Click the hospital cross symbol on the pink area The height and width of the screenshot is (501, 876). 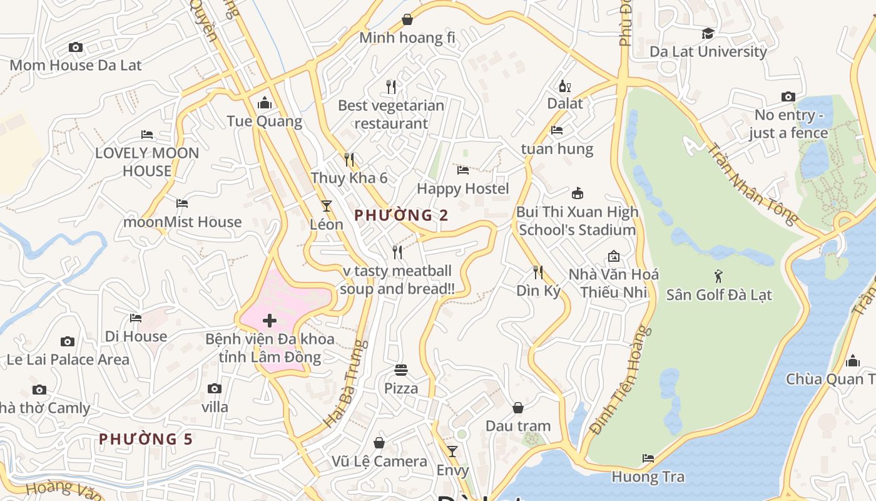click(270, 321)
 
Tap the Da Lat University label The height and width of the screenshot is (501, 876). click(708, 52)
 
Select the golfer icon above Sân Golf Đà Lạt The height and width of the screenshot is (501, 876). click(718, 276)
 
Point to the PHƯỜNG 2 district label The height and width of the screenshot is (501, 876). click(401, 215)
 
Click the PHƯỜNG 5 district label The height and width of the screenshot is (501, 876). click(146, 439)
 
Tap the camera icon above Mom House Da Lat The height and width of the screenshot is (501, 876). click(76, 48)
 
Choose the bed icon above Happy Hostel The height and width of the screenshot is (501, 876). click(463, 170)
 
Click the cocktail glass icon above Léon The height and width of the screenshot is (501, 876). click(326, 205)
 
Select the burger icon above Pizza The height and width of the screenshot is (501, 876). click(401, 370)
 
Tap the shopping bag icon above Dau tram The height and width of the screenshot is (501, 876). click(518, 408)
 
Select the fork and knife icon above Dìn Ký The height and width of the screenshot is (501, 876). click(537, 272)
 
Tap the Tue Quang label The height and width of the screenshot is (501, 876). click(264, 121)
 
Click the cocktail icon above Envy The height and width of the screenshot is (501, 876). click(452, 452)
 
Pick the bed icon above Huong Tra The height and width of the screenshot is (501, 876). click(648, 458)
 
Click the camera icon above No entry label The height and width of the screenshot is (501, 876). click(788, 96)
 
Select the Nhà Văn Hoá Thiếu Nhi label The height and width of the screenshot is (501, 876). click(613, 283)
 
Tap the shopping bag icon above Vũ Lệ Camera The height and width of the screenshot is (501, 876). click(379, 443)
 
